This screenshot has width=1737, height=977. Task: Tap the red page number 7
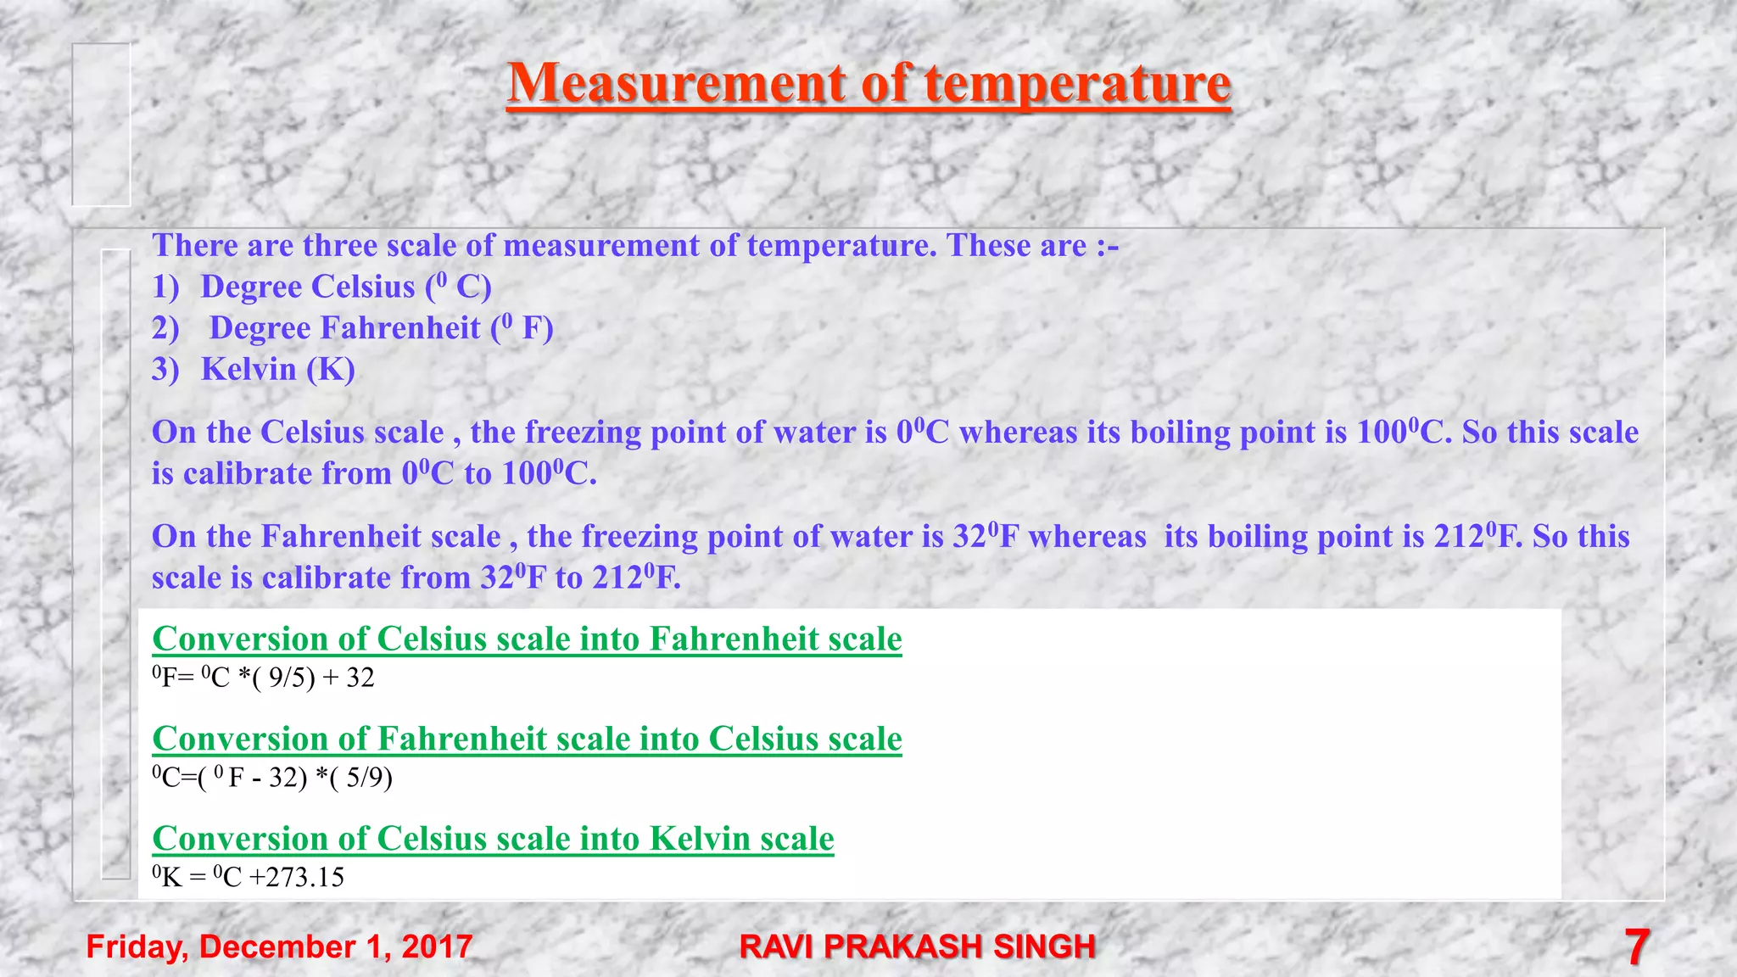point(1637,946)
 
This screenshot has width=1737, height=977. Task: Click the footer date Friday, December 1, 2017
point(279,946)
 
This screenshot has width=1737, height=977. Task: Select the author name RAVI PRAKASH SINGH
point(918,946)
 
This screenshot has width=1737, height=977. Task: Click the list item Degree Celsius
point(346,287)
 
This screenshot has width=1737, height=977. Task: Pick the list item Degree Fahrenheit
point(382,328)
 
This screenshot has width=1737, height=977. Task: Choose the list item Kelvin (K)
point(277,370)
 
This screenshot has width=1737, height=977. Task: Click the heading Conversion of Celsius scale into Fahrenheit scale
point(527,639)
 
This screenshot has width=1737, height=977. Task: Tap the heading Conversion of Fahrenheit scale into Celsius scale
point(527,739)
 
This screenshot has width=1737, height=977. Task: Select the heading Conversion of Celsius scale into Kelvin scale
point(493,839)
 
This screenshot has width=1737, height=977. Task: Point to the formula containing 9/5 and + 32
point(263,678)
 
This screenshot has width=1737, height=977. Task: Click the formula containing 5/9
point(272,777)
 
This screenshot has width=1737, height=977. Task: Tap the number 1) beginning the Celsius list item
point(165,288)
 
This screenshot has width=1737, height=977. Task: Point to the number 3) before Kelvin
point(165,370)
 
